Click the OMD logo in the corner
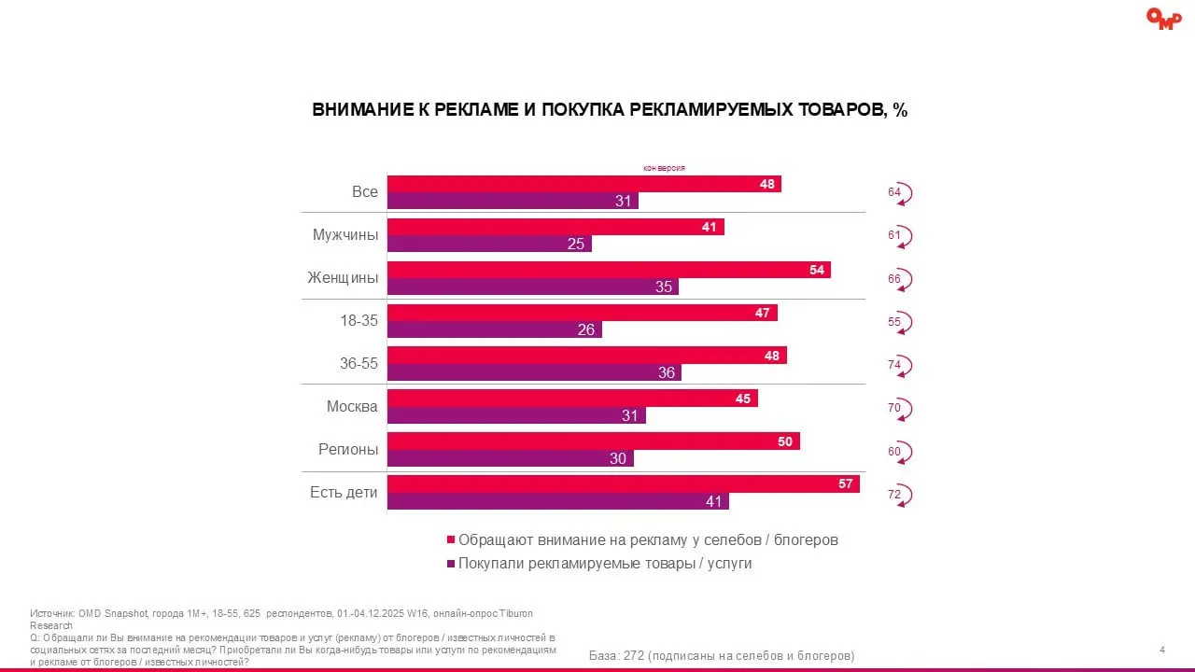[x=1163, y=18]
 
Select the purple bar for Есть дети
[x=557, y=501]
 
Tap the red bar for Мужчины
[x=555, y=227]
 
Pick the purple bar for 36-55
[x=534, y=372]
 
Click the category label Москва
[x=352, y=406]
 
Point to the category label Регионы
[x=348, y=449]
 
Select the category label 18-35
[x=358, y=320]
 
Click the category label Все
[x=365, y=191]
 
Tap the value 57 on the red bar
[x=846, y=483]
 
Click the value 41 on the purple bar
[x=714, y=501]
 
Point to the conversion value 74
[x=894, y=365]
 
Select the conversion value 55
[x=894, y=322]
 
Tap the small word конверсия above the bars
[x=664, y=168]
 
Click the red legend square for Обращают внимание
[x=451, y=540]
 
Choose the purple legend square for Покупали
[x=451, y=564]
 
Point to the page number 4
[x=1161, y=650]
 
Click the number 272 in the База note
[x=647, y=655]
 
